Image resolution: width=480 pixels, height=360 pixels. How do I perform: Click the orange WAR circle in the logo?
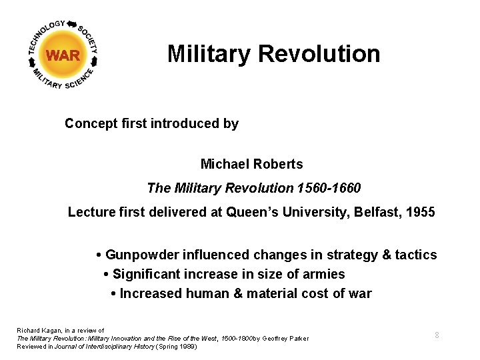tap(64, 55)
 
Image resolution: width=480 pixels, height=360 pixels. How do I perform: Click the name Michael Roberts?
tap(251, 164)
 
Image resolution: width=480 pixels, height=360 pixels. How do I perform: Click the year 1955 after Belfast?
tap(421, 213)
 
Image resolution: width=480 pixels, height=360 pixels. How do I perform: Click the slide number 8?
tap(437, 335)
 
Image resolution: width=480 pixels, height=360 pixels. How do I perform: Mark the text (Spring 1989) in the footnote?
tap(176, 347)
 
